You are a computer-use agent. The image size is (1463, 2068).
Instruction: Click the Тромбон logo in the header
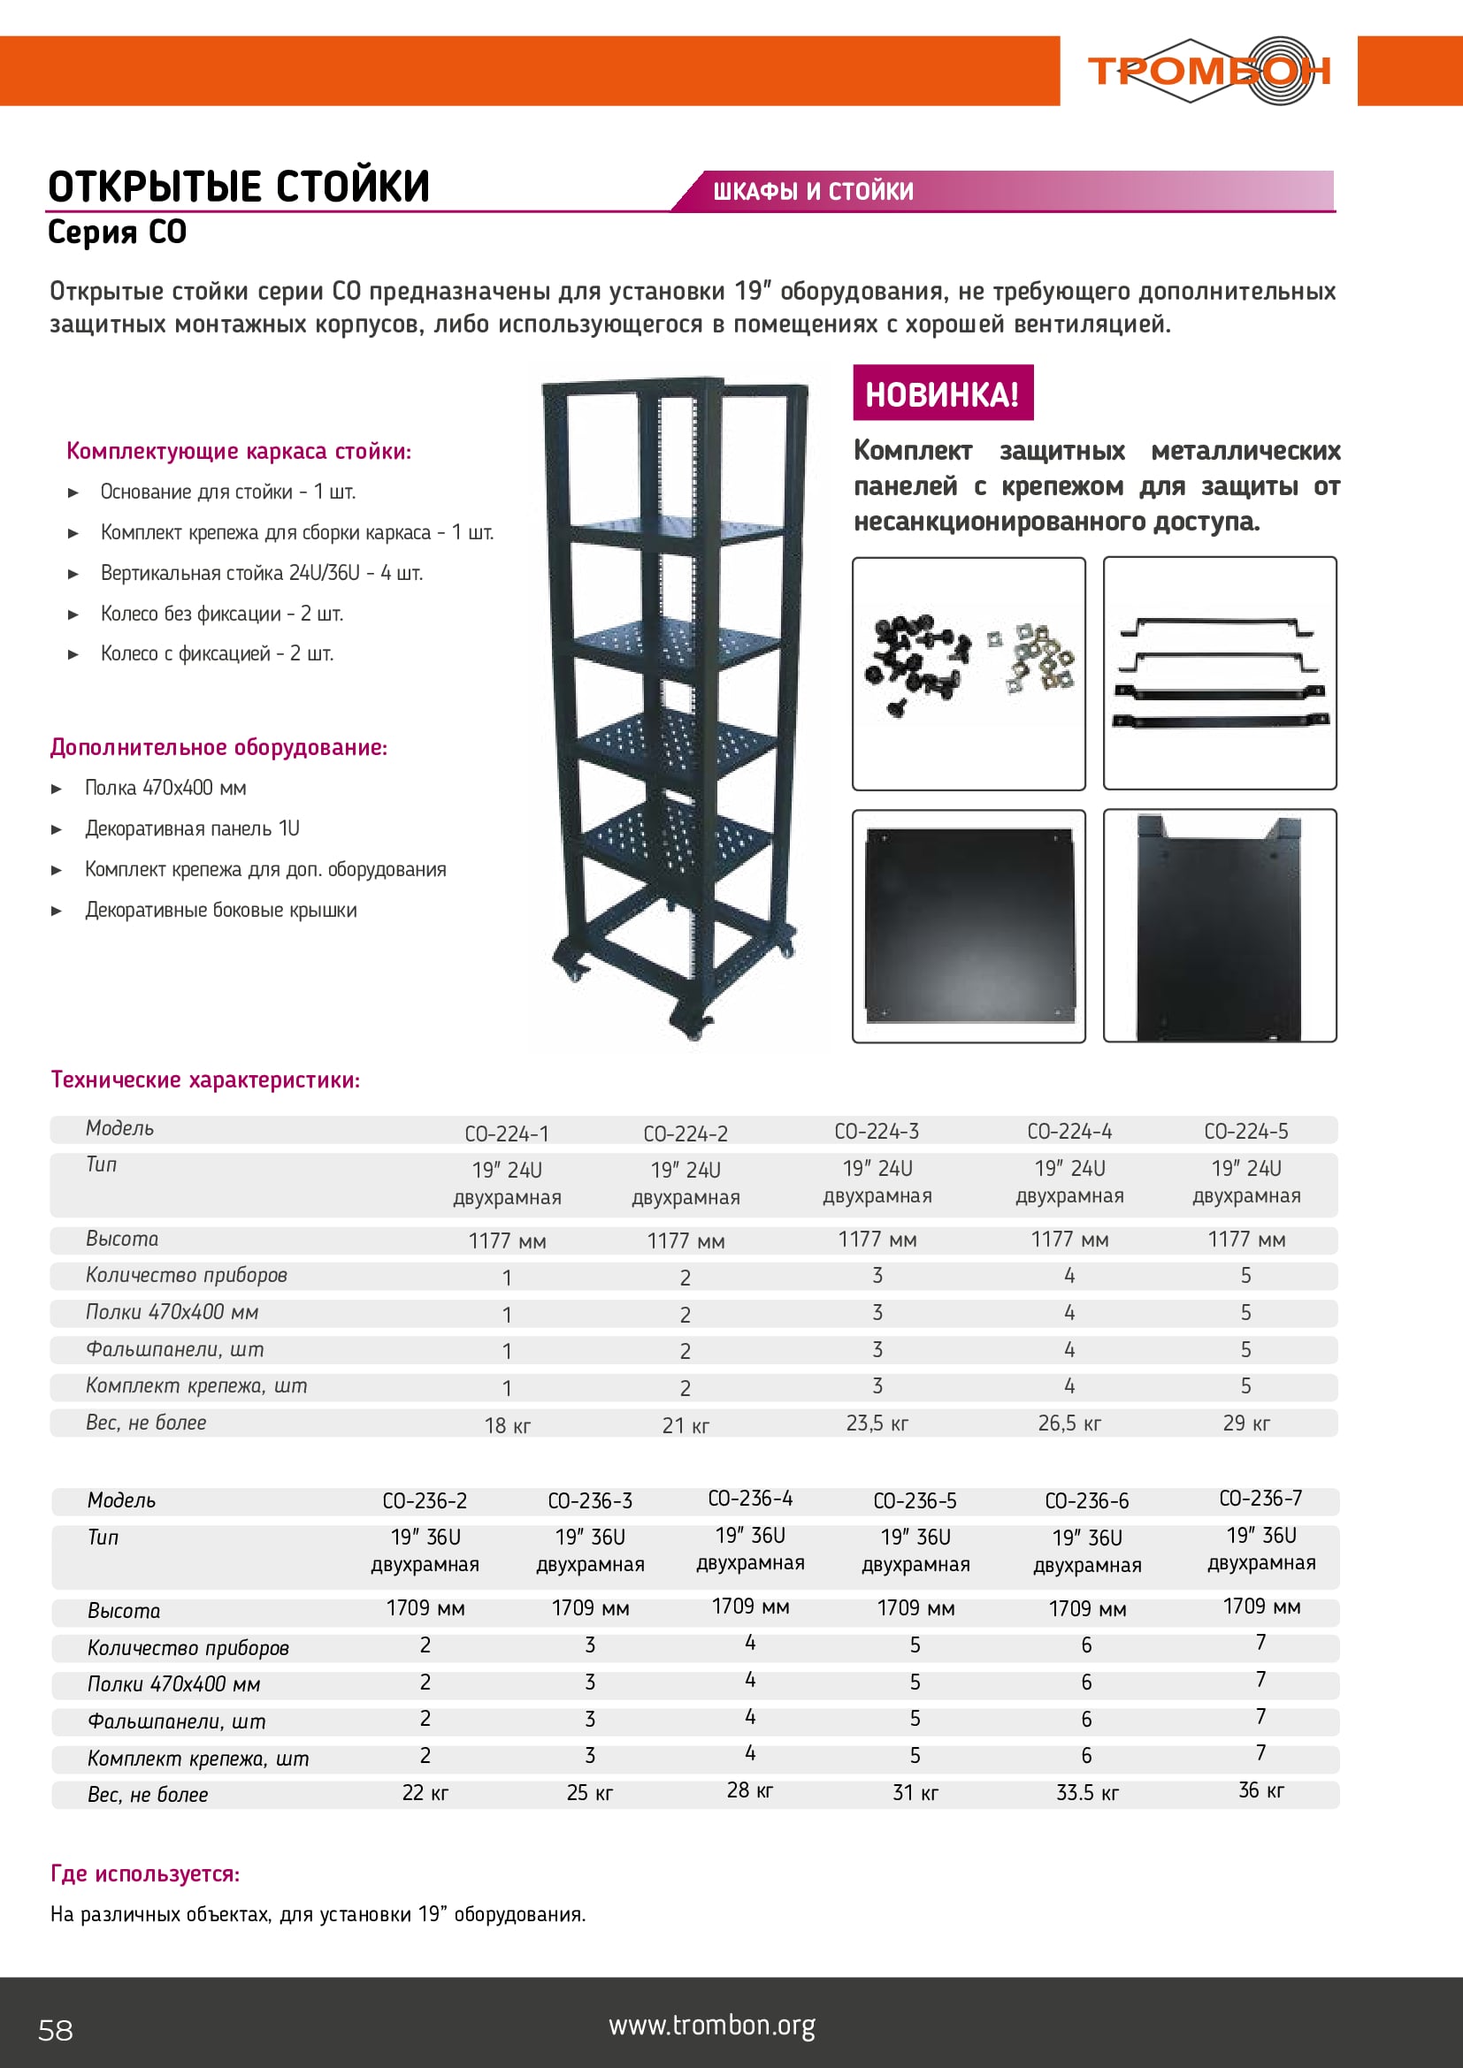click(1208, 70)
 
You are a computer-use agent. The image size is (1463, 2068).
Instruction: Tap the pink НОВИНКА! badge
click(942, 393)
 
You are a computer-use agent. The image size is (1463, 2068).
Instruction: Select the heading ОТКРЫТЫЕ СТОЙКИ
click(239, 187)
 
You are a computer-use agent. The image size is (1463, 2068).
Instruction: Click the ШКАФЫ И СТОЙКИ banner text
click(813, 191)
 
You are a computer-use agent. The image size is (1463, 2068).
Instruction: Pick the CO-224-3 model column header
click(877, 1132)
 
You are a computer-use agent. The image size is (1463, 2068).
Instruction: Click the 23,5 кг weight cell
click(877, 1423)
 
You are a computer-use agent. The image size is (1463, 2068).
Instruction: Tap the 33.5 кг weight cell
click(1087, 1792)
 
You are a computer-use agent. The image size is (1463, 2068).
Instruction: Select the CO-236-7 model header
click(1260, 1498)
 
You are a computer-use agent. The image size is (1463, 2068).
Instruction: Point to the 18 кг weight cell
click(507, 1426)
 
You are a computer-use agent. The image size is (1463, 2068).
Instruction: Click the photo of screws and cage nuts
click(969, 673)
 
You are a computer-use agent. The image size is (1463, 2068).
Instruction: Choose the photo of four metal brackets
click(1220, 673)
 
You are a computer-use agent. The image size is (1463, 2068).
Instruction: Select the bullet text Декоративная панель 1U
click(192, 828)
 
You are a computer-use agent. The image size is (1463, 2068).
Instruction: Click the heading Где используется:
click(145, 1873)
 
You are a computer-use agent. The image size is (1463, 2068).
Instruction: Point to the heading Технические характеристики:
click(205, 1079)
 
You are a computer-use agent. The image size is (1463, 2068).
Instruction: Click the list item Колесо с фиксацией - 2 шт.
click(216, 653)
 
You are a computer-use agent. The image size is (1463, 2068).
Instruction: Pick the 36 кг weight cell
click(1260, 1789)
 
